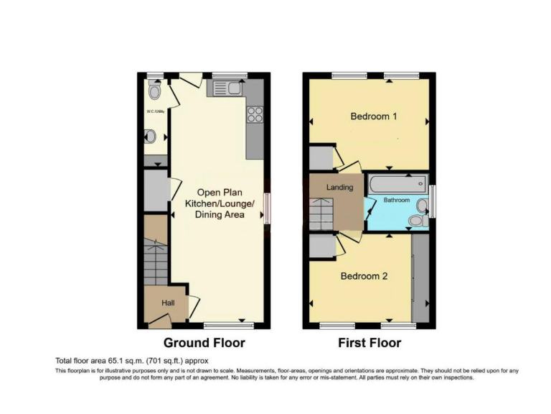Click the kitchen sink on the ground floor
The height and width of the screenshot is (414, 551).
(227, 89)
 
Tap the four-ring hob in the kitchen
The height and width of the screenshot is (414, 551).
(255, 115)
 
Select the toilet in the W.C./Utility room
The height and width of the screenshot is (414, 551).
(154, 91)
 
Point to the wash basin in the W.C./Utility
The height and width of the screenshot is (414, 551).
(150, 136)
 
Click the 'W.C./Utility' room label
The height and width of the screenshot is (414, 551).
(156, 111)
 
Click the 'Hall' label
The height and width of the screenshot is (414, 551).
(167, 303)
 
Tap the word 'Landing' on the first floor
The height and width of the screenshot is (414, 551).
(339, 188)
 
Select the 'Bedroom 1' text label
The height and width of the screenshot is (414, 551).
(373, 116)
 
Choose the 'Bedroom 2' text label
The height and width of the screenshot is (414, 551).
(364, 276)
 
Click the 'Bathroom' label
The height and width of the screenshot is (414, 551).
(395, 199)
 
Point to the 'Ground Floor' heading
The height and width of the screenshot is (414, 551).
(204, 343)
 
